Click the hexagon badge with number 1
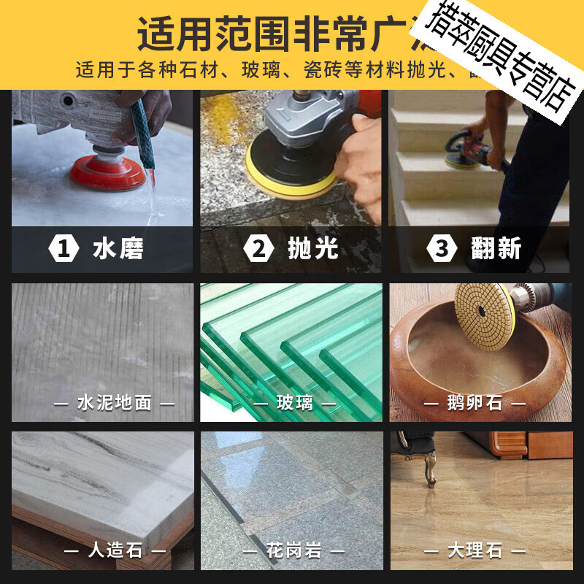[x=64, y=249]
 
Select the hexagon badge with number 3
[x=442, y=249]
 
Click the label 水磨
[x=118, y=249]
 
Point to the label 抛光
[x=313, y=249]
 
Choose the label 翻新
[x=496, y=249]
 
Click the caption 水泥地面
[x=114, y=402]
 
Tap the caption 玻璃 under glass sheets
[x=295, y=402]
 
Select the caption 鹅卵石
[x=474, y=402]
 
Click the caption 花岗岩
[x=294, y=550]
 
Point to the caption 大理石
[x=474, y=550]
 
